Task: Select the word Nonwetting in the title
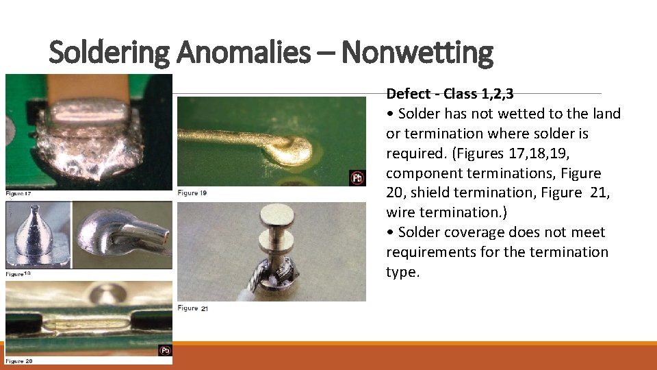[417, 52]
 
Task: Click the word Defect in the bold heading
[408, 94]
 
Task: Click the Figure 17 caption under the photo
[18, 193]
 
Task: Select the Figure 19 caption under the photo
[192, 193]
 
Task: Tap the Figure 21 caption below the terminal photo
[192, 308]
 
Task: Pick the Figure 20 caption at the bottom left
[18, 360]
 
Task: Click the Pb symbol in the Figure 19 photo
[357, 178]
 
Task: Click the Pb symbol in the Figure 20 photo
[165, 351]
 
